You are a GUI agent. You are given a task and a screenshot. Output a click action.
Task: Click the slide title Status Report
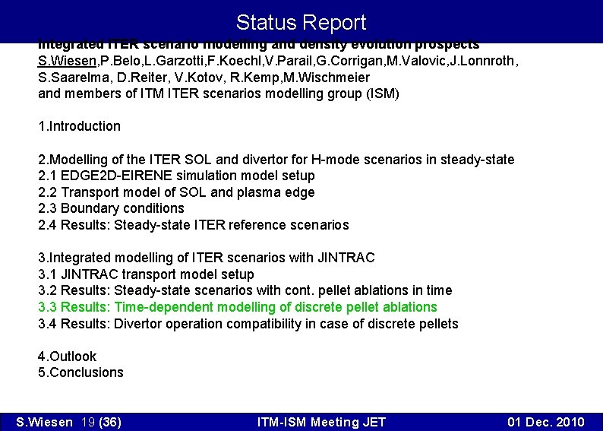pos(301,22)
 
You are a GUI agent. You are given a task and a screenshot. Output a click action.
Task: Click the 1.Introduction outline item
pos(79,126)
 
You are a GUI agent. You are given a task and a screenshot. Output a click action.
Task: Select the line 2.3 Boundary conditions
pos(111,208)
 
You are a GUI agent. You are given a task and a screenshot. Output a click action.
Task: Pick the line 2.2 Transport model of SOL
pos(176,192)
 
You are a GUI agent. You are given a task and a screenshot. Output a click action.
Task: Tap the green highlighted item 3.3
pos(238,307)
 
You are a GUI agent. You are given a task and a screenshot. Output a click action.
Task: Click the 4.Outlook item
pos(68,357)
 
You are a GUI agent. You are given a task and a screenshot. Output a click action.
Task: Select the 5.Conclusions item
pos(81,372)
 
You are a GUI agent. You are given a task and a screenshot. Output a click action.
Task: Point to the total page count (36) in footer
pos(110,422)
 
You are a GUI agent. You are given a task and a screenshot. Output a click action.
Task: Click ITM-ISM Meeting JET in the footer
pos(321,422)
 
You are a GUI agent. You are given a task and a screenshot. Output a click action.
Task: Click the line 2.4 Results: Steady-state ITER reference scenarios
pos(194,225)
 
